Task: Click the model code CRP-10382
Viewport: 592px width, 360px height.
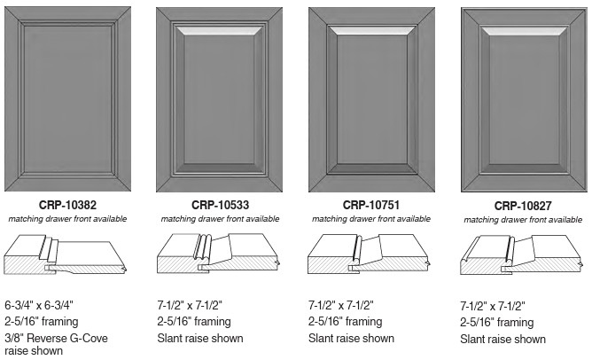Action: click(x=67, y=205)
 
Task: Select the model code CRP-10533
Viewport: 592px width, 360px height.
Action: click(x=220, y=205)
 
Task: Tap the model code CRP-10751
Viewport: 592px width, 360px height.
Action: click(x=371, y=205)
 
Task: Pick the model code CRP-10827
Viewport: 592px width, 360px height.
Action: click(x=523, y=206)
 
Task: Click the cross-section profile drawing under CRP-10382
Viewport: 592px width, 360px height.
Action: click(x=65, y=254)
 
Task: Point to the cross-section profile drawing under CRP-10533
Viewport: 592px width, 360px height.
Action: click(x=218, y=254)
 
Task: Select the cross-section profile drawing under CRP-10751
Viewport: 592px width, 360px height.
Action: click(x=370, y=254)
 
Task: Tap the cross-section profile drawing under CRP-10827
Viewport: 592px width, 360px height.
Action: click(x=521, y=254)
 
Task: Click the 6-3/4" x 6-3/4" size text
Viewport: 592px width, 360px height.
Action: click(x=39, y=305)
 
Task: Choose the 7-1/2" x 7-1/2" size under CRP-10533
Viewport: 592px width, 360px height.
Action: click(x=190, y=305)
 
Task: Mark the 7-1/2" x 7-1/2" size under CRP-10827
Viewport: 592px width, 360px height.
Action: click(x=493, y=306)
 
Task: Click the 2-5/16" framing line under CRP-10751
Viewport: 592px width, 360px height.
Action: click(x=345, y=322)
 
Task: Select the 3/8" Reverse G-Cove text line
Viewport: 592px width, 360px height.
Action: click(x=56, y=338)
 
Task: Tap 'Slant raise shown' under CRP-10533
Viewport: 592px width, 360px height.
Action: click(x=200, y=338)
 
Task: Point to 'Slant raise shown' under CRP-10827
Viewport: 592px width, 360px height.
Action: click(x=502, y=339)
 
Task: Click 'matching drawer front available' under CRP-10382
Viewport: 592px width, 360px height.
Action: click(x=67, y=219)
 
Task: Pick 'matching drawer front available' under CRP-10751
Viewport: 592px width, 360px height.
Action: click(x=371, y=219)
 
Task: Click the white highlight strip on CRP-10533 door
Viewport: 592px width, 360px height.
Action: click(x=220, y=31)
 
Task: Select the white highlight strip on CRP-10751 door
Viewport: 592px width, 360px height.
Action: click(x=372, y=31)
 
